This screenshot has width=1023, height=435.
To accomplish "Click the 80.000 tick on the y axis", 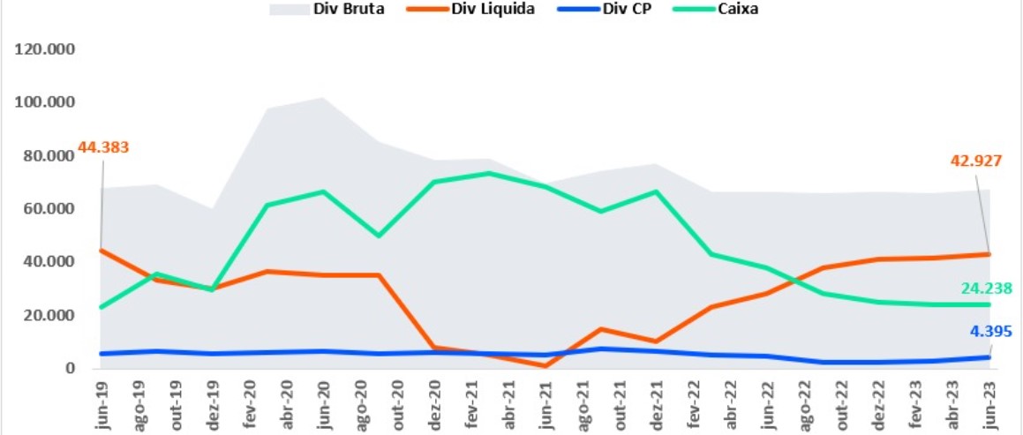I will (x=49, y=156).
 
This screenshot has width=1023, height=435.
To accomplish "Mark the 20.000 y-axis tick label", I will (x=49, y=315).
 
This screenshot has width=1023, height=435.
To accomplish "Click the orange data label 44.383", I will (x=104, y=146).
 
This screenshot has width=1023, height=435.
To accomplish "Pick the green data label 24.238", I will (x=985, y=288).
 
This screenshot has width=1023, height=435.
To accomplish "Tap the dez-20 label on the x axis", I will (x=434, y=404).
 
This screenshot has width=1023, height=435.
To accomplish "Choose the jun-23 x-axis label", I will (x=990, y=404).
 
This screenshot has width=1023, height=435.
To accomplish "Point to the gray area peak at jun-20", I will (x=324, y=97).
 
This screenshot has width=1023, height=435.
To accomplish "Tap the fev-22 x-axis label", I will (x=694, y=404).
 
